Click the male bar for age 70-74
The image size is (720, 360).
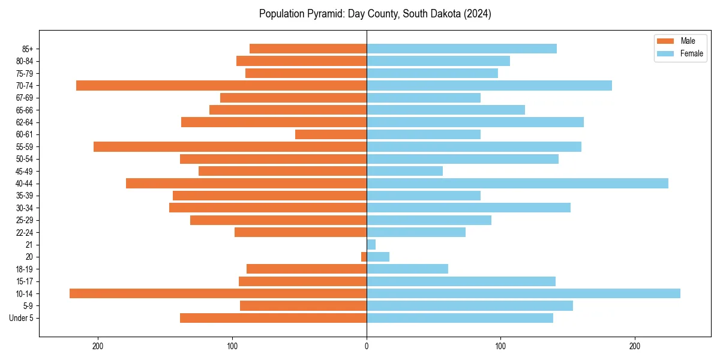point(221,85)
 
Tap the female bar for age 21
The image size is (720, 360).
point(371,244)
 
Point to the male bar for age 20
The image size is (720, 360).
point(364,257)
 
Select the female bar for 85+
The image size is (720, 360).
point(461,49)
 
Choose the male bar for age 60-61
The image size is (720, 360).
point(331,134)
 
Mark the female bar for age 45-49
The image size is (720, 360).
point(404,171)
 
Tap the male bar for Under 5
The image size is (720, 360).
point(273,318)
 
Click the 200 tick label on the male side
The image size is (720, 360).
point(98,346)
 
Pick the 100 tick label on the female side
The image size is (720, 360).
point(500,346)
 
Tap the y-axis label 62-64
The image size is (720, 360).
point(24,122)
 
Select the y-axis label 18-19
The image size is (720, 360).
point(24,269)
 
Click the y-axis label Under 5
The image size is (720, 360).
point(21,318)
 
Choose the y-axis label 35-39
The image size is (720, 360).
point(24,196)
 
